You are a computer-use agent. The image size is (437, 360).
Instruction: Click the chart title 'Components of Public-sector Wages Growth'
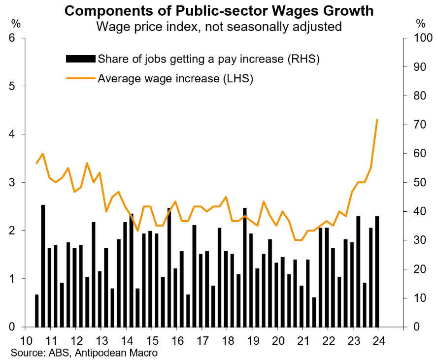click(219, 10)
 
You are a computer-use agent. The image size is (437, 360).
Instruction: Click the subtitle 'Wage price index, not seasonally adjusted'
click(219, 26)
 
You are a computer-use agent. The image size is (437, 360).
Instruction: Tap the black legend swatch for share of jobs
click(80, 60)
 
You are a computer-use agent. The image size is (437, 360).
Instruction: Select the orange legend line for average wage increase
click(80, 78)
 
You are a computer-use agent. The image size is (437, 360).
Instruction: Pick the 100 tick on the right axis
click(416, 38)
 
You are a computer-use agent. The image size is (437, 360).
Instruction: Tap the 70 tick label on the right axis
click(413, 125)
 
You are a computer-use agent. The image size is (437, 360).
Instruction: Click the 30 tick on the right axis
click(413, 241)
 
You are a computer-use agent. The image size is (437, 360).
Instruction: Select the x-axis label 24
click(377, 340)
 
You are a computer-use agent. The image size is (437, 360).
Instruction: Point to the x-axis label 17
click(202, 340)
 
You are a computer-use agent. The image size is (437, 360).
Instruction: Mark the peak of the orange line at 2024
click(377, 120)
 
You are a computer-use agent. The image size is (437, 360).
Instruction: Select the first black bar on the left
click(36, 311)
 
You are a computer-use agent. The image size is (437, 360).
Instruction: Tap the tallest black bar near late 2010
click(43, 266)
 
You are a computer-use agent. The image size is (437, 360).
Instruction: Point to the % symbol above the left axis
click(16, 23)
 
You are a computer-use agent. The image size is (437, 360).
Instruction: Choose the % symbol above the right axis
click(420, 23)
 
